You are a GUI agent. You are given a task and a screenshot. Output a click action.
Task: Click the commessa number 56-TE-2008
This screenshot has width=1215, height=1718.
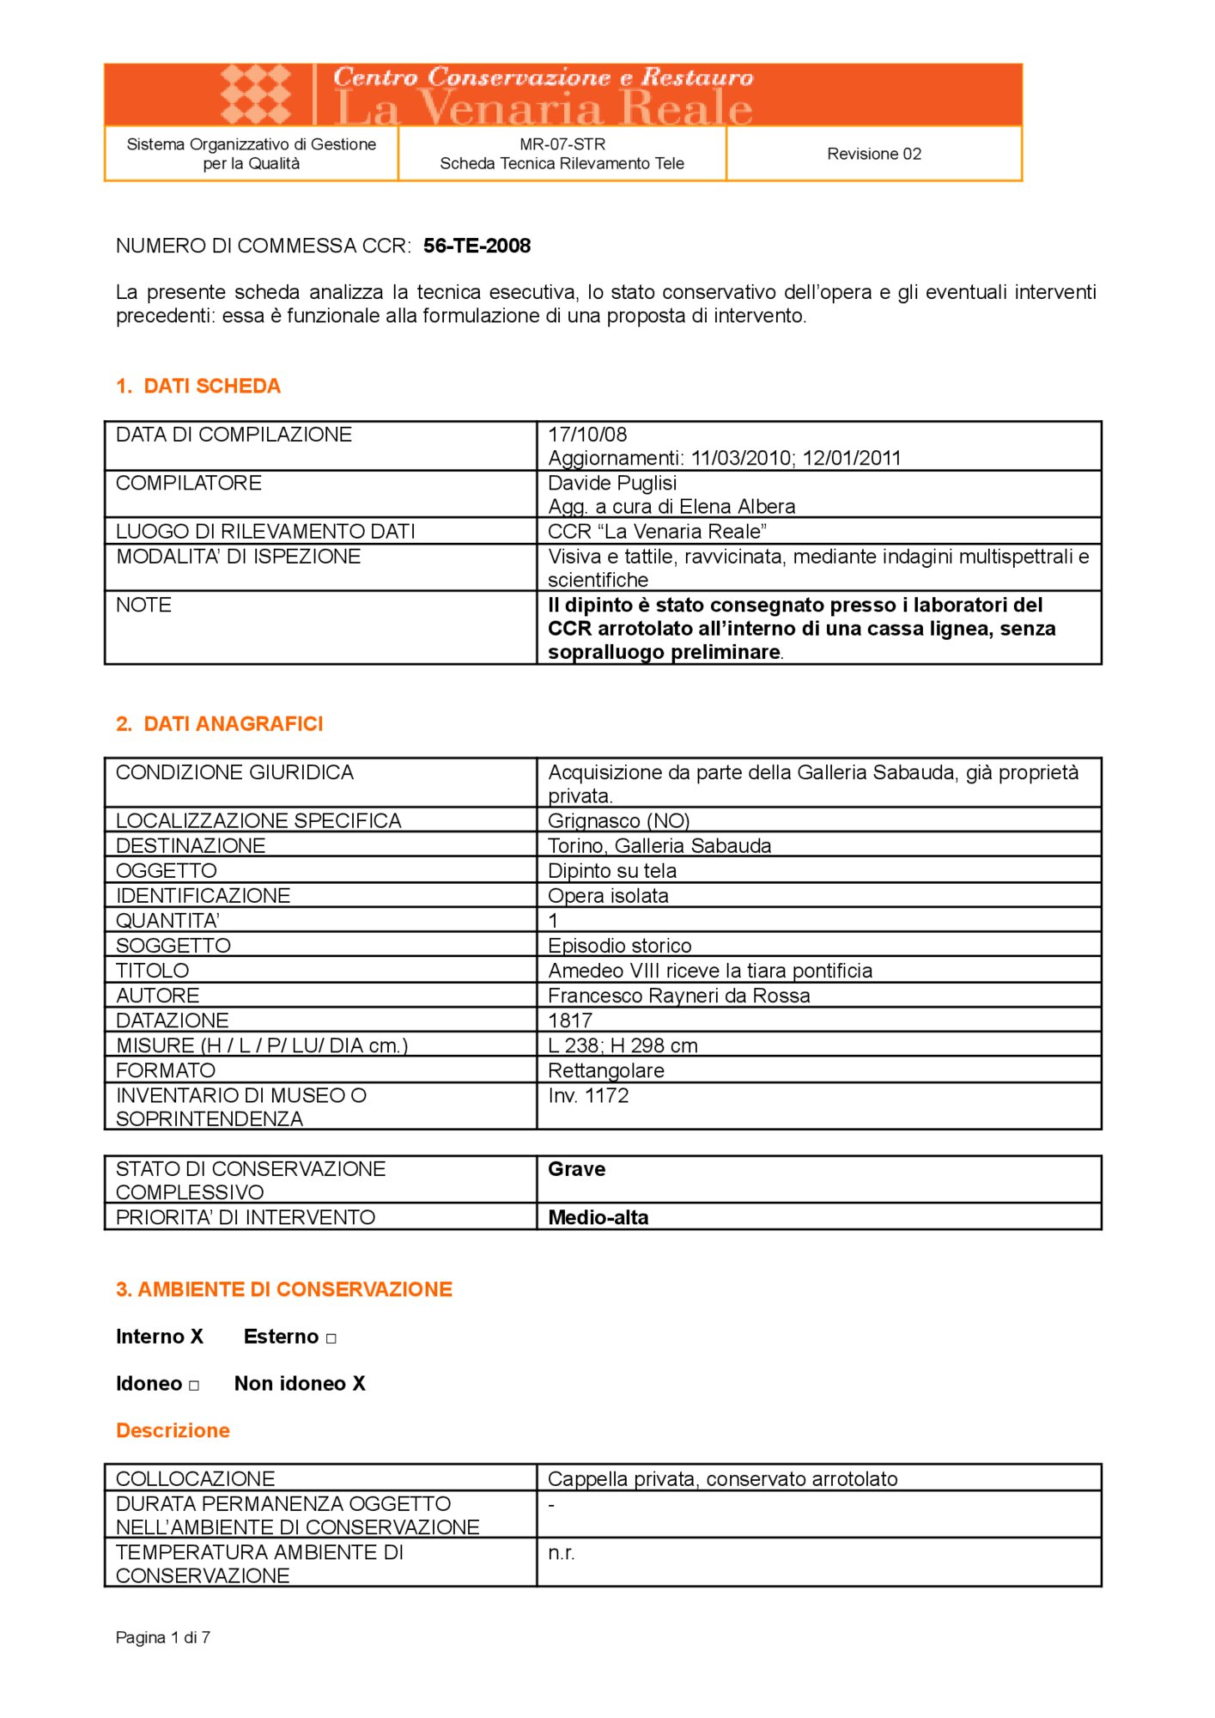click(477, 246)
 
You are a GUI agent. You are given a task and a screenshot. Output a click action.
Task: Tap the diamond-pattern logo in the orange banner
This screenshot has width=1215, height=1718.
click(256, 94)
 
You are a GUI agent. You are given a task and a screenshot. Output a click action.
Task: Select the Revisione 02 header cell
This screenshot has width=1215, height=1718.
click(874, 154)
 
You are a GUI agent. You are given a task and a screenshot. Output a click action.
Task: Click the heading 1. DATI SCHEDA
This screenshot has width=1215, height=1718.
click(198, 386)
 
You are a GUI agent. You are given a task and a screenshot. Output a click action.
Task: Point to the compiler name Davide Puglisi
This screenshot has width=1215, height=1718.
click(612, 483)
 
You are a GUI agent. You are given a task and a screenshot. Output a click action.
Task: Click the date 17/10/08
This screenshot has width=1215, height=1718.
click(587, 435)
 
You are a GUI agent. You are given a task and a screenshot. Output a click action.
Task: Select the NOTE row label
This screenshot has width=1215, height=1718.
click(143, 605)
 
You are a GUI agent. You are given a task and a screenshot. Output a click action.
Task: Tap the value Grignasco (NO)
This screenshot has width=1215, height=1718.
click(618, 820)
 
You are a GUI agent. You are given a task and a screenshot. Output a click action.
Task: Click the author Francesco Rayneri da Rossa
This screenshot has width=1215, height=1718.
click(678, 996)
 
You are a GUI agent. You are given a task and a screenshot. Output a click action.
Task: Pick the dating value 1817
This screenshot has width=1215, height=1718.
click(570, 1020)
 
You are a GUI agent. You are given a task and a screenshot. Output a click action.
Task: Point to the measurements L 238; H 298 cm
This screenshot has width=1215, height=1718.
click(623, 1045)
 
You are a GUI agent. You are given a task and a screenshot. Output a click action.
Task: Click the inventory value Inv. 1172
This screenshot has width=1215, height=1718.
click(588, 1095)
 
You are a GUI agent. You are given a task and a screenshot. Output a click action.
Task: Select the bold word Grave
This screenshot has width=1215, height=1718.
click(576, 1169)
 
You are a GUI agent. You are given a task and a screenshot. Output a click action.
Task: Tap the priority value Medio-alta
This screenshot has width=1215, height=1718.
click(598, 1217)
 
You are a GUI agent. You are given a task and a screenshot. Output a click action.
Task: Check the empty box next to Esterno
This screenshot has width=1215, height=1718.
click(331, 1338)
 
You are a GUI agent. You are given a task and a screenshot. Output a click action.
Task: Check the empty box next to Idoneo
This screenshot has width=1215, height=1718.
click(194, 1386)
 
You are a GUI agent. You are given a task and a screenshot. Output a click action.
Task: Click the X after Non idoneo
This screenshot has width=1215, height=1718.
click(359, 1383)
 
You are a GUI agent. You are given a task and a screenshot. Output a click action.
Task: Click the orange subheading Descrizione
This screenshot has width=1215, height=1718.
click(173, 1430)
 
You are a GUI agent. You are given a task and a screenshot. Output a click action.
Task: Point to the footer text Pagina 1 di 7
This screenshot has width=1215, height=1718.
click(163, 1637)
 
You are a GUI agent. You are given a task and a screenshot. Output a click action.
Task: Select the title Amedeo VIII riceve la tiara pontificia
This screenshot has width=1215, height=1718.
click(710, 971)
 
